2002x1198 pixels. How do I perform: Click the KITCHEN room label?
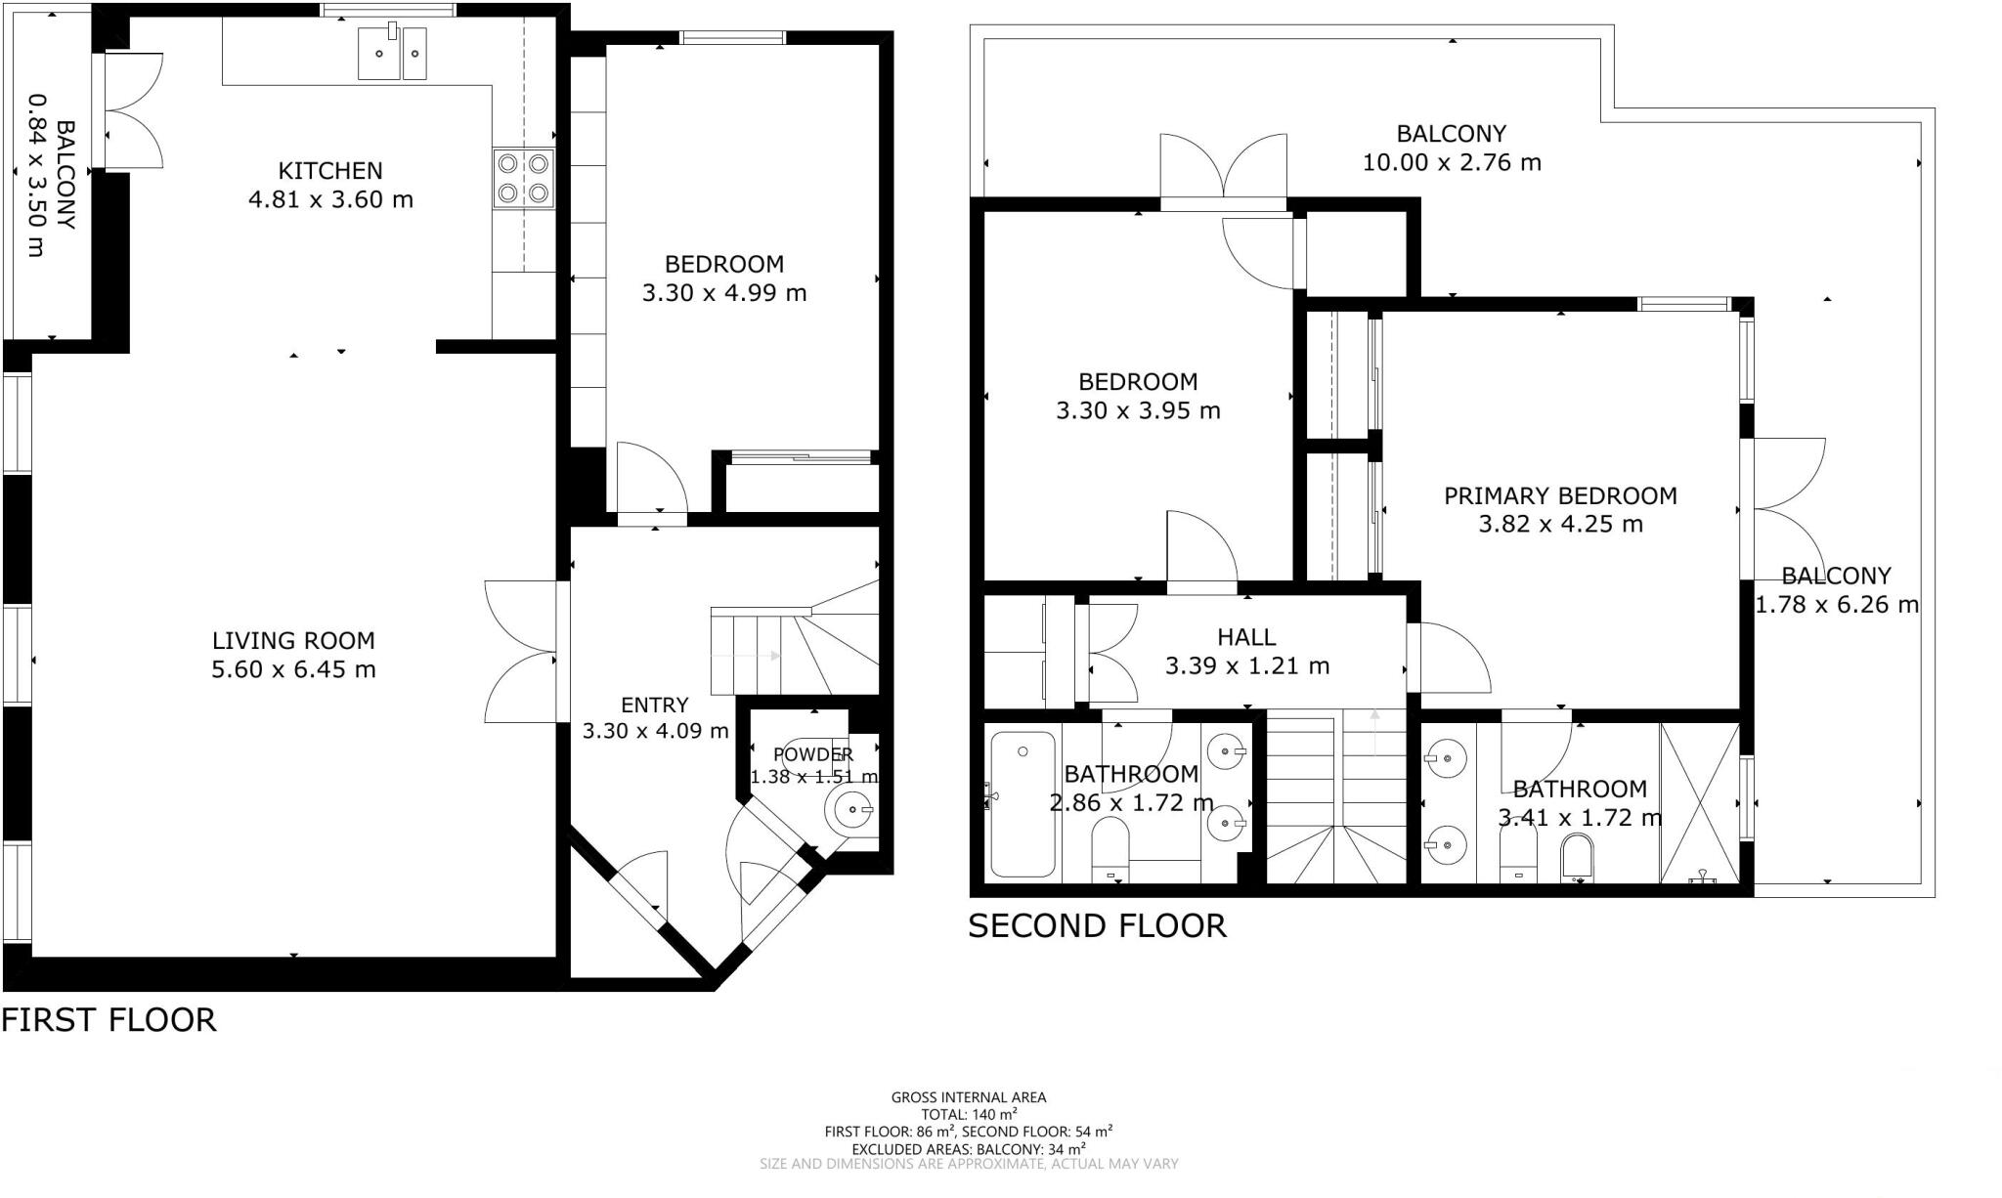coord(330,171)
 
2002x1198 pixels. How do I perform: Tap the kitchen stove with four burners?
coord(523,178)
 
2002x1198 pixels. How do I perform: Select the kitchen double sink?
coord(393,53)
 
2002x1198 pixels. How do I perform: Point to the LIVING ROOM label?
coord(293,641)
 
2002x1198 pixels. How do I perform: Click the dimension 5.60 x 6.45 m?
coord(293,670)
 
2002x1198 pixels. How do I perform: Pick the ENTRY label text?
coord(655,706)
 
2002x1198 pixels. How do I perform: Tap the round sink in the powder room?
coord(849,809)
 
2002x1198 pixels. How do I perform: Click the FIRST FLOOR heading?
coord(109,1020)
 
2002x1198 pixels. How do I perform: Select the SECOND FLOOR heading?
coord(1097,926)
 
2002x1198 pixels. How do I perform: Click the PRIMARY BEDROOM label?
coord(1561,496)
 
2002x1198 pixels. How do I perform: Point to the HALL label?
coord(1246,637)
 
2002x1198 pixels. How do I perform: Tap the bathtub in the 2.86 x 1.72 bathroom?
coord(1023,803)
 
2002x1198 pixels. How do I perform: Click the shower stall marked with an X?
coord(1700,802)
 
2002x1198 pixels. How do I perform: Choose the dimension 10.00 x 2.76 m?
coord(1452,163)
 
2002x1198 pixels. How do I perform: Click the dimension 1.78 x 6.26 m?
coord(1837,606)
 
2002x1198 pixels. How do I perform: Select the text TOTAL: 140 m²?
coord(969,1115)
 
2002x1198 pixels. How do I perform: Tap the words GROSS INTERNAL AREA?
coord(969,1097)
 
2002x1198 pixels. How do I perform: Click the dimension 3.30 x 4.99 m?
coord(724,293)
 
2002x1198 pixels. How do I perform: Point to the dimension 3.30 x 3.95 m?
coord(1138,411)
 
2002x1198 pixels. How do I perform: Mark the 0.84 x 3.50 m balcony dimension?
coord(36,176)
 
